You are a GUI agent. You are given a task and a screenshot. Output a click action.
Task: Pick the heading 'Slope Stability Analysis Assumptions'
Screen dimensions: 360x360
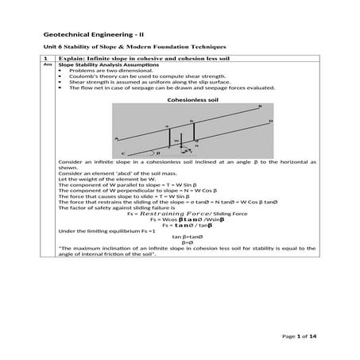pos(104,66)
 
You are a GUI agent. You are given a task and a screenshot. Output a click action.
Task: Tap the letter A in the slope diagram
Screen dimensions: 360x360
pos(117,138)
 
